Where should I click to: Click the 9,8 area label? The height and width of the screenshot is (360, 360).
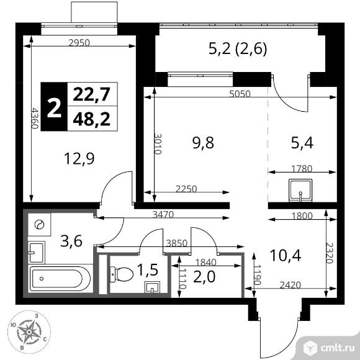click(x=202, y=143)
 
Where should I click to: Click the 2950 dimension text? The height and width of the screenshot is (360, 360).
click(x=79, y=43)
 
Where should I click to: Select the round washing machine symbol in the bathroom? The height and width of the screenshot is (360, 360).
click(x=40, y=225)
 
